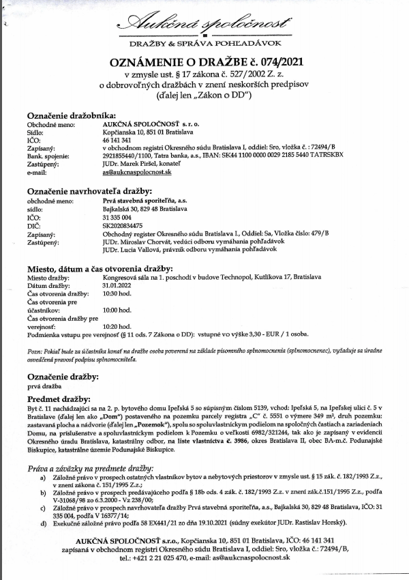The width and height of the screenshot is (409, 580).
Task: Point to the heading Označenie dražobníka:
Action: tap(72, 115)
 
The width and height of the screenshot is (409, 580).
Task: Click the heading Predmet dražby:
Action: tap(59, 398)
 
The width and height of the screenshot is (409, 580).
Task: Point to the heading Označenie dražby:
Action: tap(61, 376)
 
